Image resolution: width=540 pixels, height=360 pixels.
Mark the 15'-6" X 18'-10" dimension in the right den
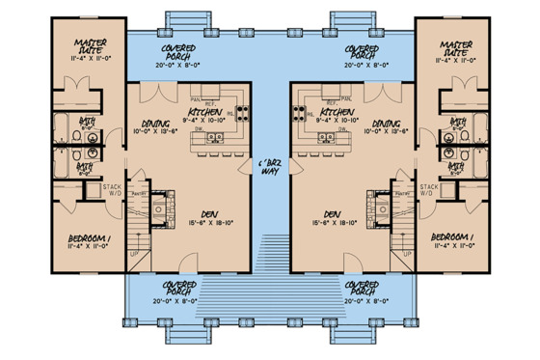point(337,222)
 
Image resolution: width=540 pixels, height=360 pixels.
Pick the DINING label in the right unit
point(386,125)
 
